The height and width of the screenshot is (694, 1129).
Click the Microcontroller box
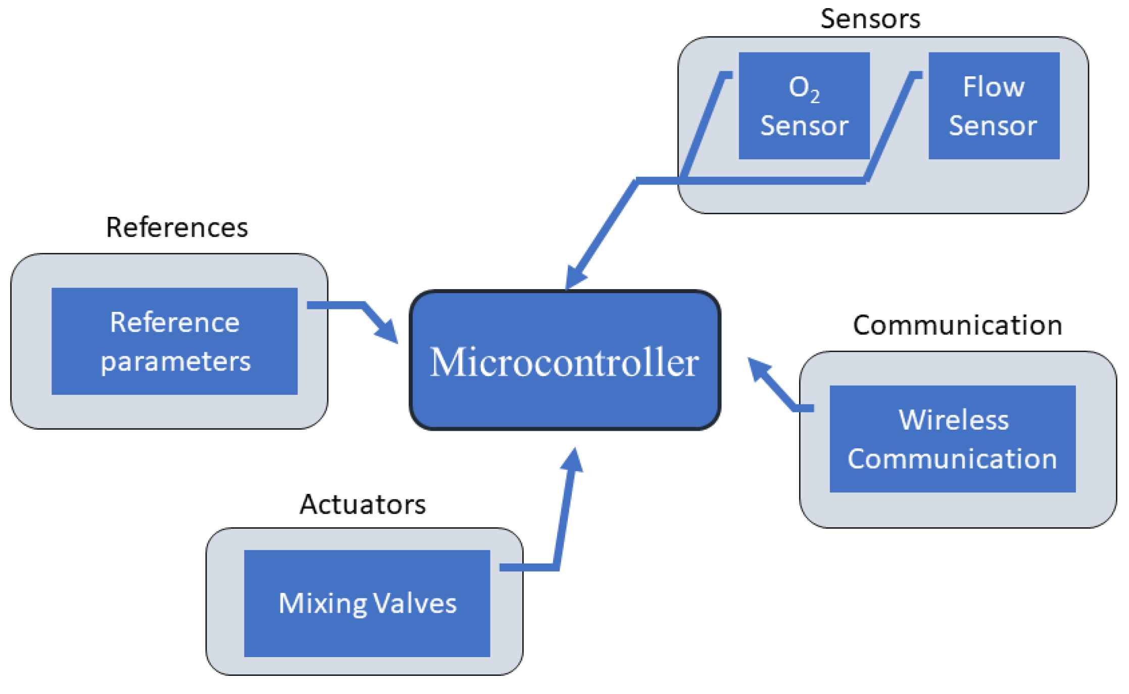565,360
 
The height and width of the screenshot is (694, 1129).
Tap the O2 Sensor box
804,106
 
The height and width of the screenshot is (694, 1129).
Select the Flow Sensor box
994,106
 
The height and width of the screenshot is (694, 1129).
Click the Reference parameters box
174,341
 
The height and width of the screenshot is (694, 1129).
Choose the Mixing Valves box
367,603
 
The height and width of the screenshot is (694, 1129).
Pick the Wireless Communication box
952,439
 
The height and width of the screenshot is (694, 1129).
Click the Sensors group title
870,19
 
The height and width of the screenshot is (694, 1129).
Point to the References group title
177,227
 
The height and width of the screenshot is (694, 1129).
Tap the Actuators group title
363,504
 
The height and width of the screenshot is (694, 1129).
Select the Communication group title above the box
957,325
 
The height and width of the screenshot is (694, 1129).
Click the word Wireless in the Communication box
953,420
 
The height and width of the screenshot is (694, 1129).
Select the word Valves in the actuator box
415,603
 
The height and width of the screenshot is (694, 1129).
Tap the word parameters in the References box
175,362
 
